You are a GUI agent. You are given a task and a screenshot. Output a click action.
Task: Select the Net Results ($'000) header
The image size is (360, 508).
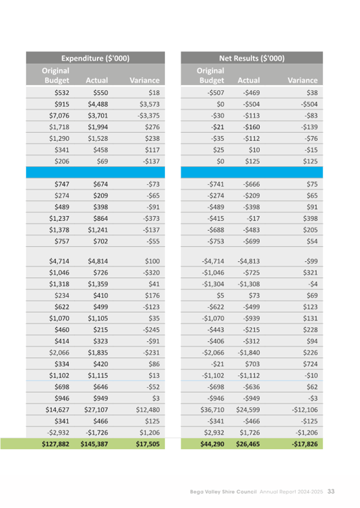coord(252,58)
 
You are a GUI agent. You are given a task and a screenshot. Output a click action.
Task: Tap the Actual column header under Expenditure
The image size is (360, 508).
coord(97,80)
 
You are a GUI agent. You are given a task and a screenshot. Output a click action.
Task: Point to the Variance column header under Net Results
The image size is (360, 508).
coord(302,80)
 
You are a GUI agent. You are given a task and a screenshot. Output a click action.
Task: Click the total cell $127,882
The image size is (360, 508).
coord(55,443)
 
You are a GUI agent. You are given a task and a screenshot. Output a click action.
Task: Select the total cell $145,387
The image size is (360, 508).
coord(94,443)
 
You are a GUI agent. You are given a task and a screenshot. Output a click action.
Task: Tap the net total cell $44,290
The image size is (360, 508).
coord(210,443)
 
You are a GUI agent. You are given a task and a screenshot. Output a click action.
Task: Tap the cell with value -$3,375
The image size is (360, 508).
coord(145,115)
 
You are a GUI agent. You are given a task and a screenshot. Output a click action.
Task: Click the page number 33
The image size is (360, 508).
coord(331,491)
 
